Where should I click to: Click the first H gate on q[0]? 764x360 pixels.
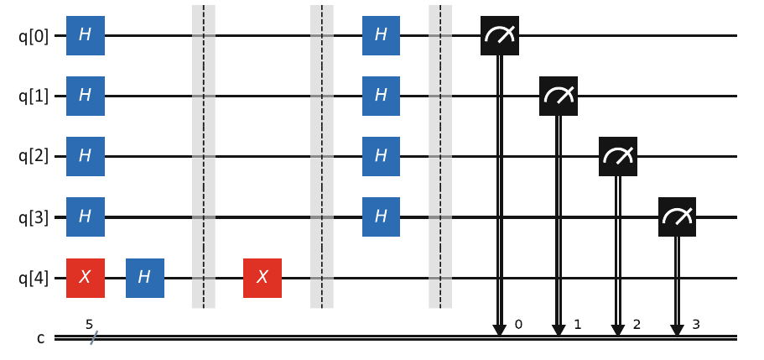86,35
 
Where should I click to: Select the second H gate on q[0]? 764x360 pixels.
382,35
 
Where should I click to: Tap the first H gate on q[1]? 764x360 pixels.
86,96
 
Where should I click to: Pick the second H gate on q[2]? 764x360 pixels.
382,156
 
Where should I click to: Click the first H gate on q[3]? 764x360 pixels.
86,217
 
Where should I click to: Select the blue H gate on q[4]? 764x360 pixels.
145,277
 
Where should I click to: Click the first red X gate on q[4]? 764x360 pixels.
86,277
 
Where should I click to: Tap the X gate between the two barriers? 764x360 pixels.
262,277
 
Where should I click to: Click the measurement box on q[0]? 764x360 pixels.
500,35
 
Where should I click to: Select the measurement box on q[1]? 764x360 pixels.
559,96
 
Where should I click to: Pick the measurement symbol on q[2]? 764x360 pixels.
618,156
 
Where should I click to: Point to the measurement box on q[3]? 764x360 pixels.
677,217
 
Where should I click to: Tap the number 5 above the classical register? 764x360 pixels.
89,323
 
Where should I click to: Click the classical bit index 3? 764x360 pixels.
697,323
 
